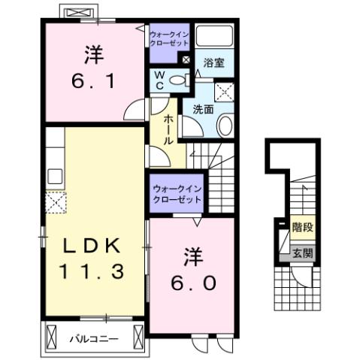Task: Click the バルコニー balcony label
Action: [94, 339]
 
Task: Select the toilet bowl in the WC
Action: [180, 80]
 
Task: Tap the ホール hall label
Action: [168, 129]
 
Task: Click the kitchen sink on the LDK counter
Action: [54, 177]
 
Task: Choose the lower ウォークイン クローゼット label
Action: [176, 195]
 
